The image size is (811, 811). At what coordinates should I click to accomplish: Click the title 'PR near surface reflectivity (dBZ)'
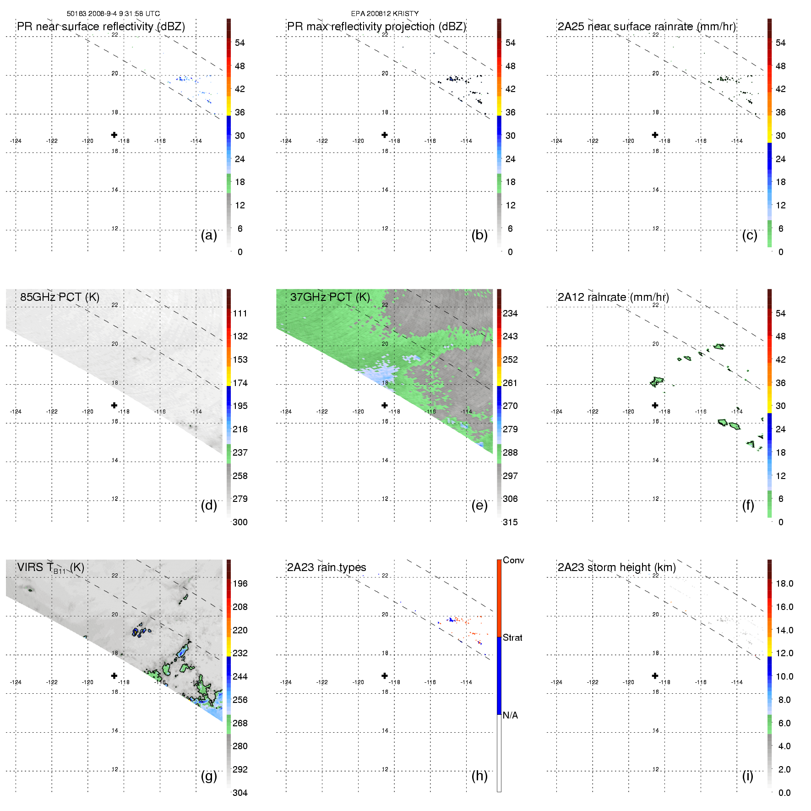coord(101,27)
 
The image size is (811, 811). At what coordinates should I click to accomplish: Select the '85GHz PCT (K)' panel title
coord(60,297)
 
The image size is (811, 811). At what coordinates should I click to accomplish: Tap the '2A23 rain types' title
coord(327,567)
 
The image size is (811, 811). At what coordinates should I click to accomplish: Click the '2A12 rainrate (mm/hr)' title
coord(613,297)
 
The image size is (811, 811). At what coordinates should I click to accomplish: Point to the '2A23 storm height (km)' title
coord(616,567)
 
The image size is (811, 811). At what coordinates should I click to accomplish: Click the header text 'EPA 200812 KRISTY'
coord(385,13)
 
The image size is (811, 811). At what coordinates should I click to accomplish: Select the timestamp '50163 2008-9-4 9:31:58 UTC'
coord(113,13)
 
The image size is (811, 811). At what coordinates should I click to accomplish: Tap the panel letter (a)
coord(209,235)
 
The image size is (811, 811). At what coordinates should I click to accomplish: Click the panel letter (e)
coord(479,505)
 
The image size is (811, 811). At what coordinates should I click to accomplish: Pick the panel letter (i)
coord(747,776)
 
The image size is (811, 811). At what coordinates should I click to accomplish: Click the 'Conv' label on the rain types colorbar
coord(513,560)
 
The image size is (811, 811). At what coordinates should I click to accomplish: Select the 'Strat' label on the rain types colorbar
coord(512,637)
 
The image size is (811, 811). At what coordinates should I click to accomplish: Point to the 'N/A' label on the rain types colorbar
coord(510,715)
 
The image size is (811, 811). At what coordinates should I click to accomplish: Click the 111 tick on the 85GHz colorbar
coord(240,313)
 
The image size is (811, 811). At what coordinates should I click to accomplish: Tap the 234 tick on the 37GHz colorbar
coord(510,313)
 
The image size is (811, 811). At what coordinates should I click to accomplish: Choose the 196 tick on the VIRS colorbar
coord(240,583)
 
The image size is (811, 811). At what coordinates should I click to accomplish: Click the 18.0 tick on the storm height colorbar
coord(784,583)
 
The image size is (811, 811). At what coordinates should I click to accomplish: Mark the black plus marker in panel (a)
coord(114,135)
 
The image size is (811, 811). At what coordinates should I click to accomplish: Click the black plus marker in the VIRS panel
coord(114,675)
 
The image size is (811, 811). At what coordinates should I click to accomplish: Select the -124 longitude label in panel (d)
coord(16,411)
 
